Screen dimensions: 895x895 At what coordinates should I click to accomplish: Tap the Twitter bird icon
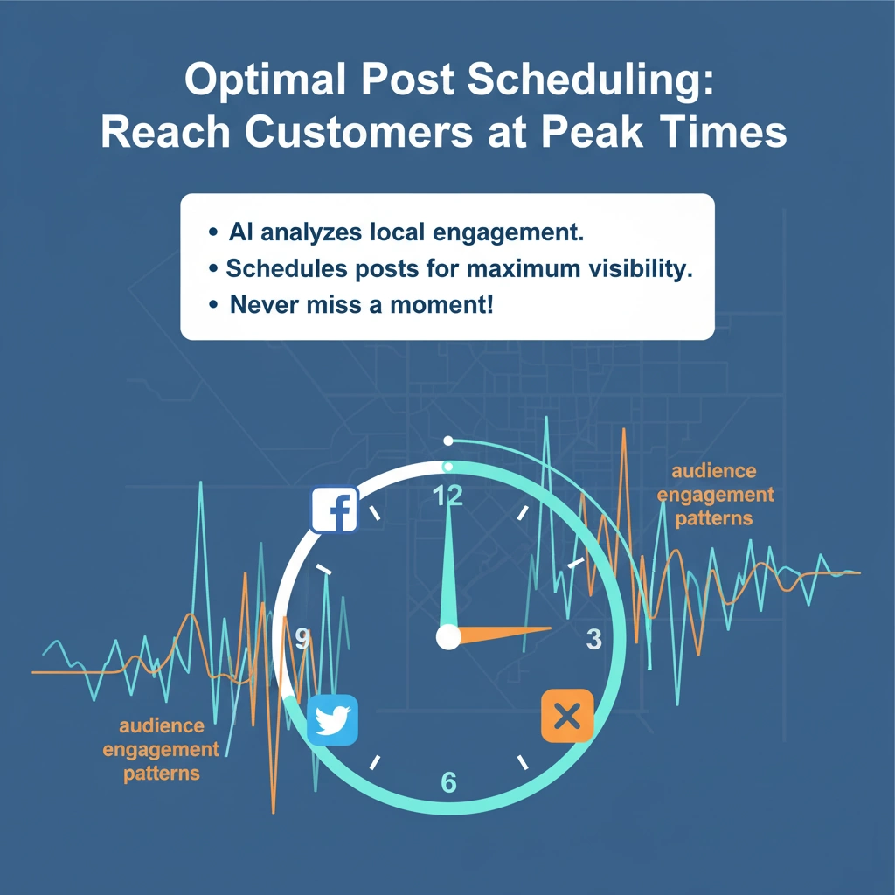tap(334, 720)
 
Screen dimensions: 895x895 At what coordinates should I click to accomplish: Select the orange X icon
tap(567, 717)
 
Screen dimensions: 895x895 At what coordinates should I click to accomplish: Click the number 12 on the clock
tap(448, 496)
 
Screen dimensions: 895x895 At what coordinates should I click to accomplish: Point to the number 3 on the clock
tap(593, 639)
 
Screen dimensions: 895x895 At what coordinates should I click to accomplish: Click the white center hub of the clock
tap(448, 637)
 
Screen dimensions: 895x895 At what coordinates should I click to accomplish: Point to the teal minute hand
tap(450, 568)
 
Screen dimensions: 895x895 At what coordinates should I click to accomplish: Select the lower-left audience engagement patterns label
tap(161, 749)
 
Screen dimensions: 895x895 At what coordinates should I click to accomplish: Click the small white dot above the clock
tap(448, 441)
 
